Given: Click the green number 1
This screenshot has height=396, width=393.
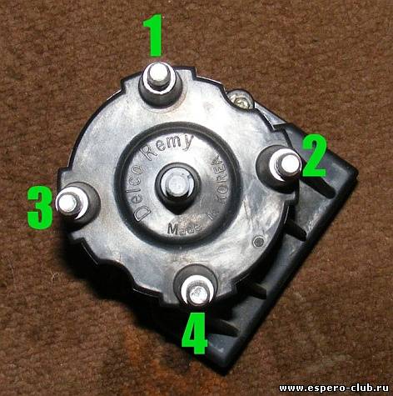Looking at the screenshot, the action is [x=153, y=35].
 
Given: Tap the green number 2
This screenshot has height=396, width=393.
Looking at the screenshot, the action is [x=315, y=156].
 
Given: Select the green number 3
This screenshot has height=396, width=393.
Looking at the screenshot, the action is [x=40, y=207].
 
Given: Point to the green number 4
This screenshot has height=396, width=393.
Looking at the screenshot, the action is [x=195, y=333].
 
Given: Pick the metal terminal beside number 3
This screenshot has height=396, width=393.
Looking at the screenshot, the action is [x=68, y=203].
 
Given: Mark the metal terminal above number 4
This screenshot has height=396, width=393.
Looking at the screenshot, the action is [x=197, y=293].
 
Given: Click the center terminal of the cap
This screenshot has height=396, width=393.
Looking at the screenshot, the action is [x=177, y=185].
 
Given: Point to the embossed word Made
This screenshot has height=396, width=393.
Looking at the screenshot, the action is [x=185, y=228].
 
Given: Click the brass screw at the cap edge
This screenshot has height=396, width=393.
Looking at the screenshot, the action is [x=241, y=99].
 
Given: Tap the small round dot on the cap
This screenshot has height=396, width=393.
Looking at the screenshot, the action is [x=259, y=242].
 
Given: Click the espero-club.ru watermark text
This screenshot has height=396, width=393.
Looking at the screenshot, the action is [x=335, y=388].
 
